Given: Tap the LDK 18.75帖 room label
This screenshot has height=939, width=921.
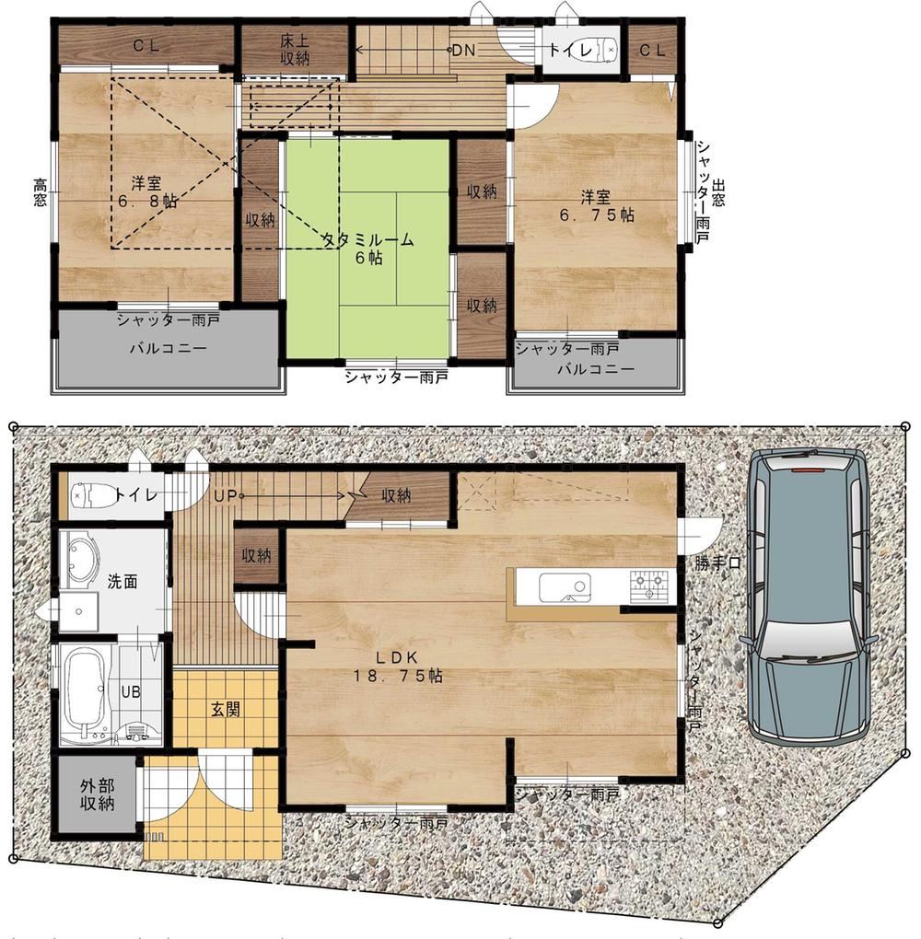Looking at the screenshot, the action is [x=398, y=667].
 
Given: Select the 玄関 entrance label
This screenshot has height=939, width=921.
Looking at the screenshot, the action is [x=226, y=710].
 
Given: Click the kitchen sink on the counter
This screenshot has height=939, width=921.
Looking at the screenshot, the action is [x=565, y=587].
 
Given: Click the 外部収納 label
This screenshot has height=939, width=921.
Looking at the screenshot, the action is [x=97, y=794].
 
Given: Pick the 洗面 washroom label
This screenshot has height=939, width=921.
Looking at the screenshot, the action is [x=122, y=581].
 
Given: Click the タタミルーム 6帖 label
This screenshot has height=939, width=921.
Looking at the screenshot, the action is [x=367, y=249].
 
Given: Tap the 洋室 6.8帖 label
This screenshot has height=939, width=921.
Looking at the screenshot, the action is [x=147, y=191].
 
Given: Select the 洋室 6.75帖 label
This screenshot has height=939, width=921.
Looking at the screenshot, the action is [x=596, y=205].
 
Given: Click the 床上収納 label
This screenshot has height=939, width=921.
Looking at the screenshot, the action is [x=295, y=50].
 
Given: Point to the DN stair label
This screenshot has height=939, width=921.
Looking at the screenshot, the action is [x=463, y=51].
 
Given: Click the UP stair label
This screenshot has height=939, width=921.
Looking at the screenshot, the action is [x=226, y=496].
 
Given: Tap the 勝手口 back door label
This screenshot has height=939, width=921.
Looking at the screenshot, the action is [x=717, y=562].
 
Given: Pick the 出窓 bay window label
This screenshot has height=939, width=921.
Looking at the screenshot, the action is [x=718, y=191].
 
